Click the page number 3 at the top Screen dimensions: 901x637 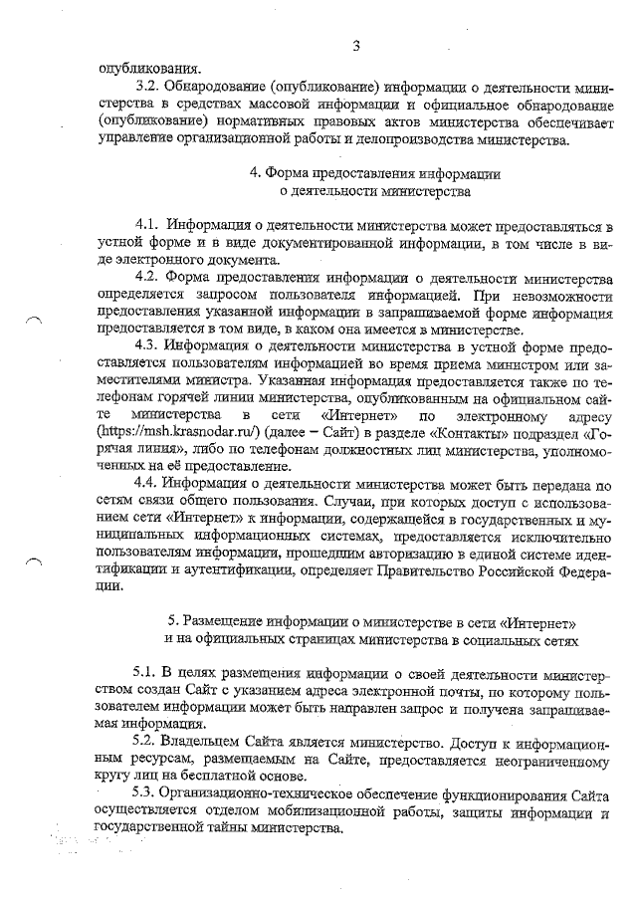click(x=355, y=45)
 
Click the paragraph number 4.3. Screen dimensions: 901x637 click(x=147, y=345)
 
